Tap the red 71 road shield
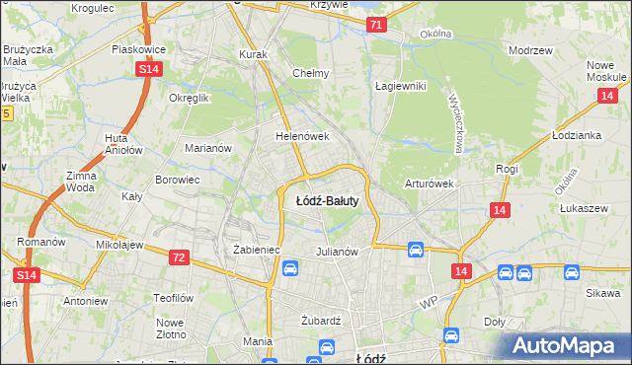[375, 24]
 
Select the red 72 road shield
[179, 257]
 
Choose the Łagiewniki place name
[400, 86]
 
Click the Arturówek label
[429, 183]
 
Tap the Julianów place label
[336, 252]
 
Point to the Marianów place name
[208, 148]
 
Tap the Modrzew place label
[528, 49]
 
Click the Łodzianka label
[577, 135]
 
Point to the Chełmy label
[311, 73]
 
